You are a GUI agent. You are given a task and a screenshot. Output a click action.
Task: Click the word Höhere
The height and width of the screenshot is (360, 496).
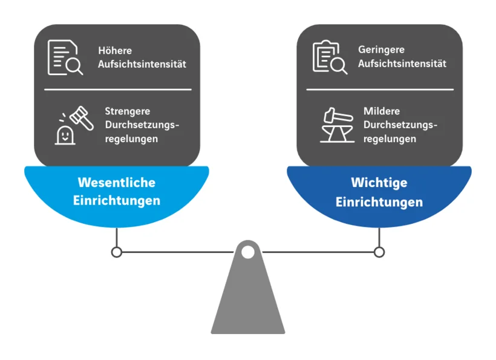tap(115, 51)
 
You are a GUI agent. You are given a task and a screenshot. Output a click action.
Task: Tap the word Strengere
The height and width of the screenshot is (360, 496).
tap(128, 111)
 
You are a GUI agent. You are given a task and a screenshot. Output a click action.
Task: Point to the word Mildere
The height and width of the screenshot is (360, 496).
tap(382, 111)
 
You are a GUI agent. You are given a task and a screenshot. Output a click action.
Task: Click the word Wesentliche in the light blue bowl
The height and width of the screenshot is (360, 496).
tap(117, 182)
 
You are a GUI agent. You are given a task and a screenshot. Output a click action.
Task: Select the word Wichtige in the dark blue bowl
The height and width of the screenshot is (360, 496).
tap(379, 182)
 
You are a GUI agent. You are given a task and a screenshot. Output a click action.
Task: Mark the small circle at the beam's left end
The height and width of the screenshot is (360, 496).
tap(117, 252)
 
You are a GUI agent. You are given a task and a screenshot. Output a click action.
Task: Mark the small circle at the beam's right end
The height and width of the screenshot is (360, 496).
tap(379, 252)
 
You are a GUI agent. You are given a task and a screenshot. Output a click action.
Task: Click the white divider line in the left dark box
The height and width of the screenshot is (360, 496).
tap(118, 90)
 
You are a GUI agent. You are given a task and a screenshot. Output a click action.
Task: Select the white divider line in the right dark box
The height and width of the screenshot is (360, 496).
tap(379, 90)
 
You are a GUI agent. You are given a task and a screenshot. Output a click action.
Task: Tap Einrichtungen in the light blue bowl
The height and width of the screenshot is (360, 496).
tap(117, 200)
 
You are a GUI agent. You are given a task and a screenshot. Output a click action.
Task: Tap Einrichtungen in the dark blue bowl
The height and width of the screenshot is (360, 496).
tap(379, 202)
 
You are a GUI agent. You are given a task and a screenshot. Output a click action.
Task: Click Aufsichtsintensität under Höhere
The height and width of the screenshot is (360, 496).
tap(142, 64)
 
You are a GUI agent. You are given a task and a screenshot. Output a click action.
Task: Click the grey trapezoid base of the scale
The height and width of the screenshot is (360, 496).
tap(248, 303)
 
